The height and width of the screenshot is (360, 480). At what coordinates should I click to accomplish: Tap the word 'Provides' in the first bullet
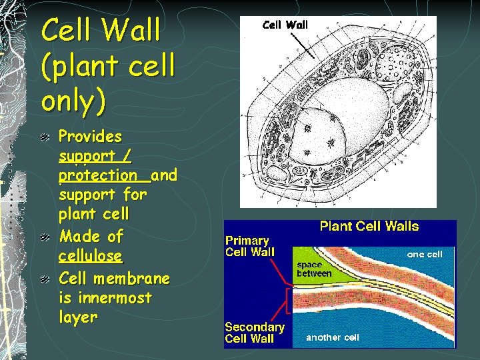(x=90, y=137)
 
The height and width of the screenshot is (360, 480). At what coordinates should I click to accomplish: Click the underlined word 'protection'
(x=97, y=176)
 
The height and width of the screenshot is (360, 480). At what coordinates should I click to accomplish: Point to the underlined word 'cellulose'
(x=90, y=256)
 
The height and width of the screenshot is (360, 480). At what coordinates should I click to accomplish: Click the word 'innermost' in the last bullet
(x=105, y=298)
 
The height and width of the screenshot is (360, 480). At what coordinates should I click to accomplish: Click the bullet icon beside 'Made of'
(x=44, y=237)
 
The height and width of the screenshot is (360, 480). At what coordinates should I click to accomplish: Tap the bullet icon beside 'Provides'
(x=44, y=137)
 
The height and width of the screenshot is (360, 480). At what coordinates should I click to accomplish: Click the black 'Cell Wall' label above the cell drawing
(x=285, y=25)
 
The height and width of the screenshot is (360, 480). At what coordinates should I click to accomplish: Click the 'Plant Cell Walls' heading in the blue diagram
(x=369, y=227)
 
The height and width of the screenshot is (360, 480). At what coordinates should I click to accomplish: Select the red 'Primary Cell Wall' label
(x=248, y=246)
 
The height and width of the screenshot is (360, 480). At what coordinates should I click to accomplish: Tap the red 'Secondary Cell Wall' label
(x=254, y=333)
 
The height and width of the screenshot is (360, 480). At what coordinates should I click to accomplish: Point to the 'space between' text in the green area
(x=314, y=269)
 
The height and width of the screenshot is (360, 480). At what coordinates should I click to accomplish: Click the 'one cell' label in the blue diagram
(x=425, y=254)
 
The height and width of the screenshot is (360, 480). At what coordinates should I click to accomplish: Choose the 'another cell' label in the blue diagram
(x=332, y=337)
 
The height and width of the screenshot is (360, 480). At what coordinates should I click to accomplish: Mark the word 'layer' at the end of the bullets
(x=77, y=318)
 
